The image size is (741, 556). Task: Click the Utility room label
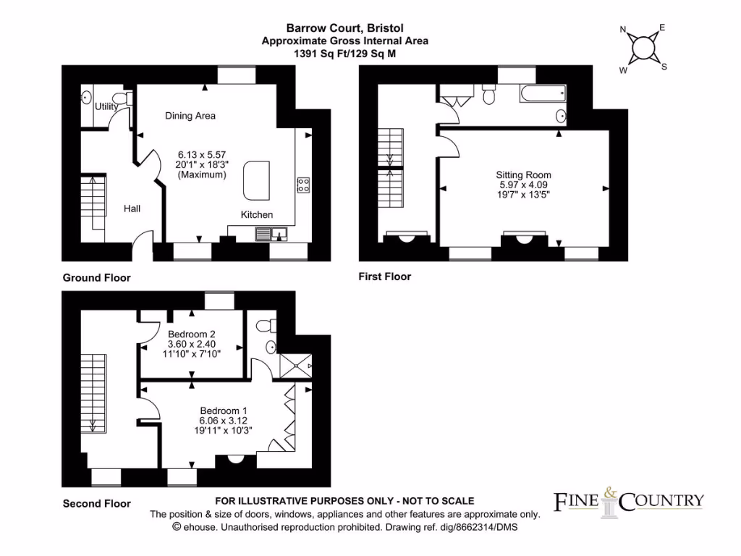tap(106, 106)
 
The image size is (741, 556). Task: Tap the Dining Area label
tap(190, 116)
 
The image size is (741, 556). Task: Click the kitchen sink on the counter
tap(272, 233)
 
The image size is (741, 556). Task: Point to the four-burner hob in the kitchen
tap(303, 185)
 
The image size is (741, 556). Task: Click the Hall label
tap(132, 208)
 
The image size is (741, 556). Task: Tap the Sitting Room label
tap(523, 174)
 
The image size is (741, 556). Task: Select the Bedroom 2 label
tap(192, 334)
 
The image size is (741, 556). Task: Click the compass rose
tap(643, 48)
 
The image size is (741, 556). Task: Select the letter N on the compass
tap(623, 30)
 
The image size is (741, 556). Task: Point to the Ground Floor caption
tap(96, 277)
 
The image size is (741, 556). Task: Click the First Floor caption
tap(384, 277)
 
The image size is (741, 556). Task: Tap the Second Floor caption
tap(96, 503)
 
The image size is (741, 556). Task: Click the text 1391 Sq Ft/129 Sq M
tap(344, 54)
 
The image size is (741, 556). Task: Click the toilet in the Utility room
tap(127, 98)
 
